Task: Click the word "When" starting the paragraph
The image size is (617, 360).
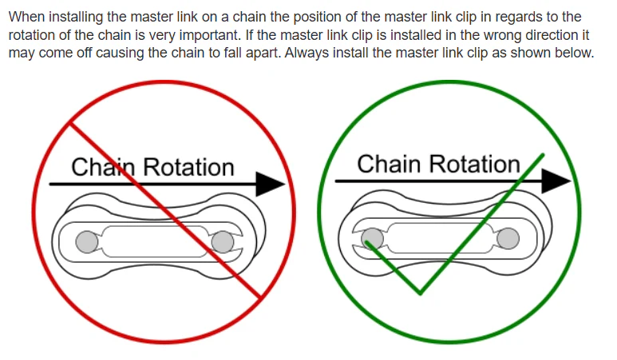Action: click(x=27, y=17)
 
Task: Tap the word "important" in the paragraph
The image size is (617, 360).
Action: click(x=209, y=35)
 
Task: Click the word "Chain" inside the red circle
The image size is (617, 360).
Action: click(x=103, y=167)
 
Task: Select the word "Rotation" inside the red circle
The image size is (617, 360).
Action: click(x=188, y=167)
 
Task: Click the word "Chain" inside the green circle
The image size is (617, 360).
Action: click(x=389, y=164)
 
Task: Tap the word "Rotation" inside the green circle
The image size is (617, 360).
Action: click(x=475, y=164)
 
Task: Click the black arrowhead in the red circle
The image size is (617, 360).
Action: click(x=270, y=184)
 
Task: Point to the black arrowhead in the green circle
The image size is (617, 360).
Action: click(x=556, y=181)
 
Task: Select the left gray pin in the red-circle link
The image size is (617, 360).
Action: click(x=87, y=242)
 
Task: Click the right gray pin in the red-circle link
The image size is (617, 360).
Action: click(x=223, y=242)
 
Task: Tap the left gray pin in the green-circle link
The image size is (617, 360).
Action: click(x=372, y=239)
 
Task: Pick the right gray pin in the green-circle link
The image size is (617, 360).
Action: click(x=508, y=239)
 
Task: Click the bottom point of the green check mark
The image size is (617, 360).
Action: click(x=421, y=294)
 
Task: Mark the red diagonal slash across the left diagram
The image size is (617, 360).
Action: click(x=165, y=211)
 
